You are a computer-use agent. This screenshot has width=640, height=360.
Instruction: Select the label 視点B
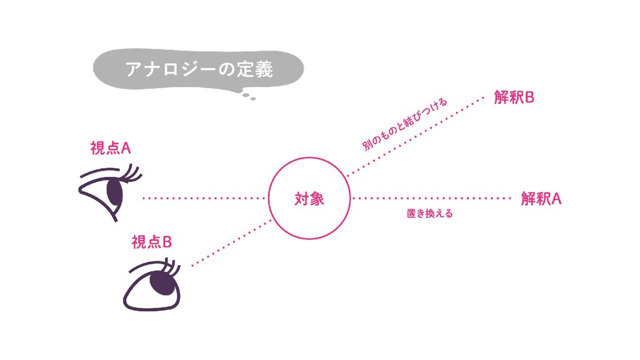(x=151, y=242)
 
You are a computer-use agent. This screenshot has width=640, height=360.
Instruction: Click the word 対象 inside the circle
(x=309, y=199)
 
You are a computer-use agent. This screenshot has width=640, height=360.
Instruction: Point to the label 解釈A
(x=541, y=199)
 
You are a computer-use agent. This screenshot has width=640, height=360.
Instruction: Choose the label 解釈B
(x=514, y=98)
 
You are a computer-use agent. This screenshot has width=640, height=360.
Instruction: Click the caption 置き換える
(x=429, y=214)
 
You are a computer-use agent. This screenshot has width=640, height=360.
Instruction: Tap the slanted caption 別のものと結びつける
(x=405, y=125)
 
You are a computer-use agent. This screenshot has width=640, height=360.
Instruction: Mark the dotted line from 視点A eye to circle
(x=204, y=198)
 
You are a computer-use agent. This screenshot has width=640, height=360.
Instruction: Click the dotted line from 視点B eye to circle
(x=231, y=242)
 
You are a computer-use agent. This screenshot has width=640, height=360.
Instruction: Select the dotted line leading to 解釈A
(x=431, y=198)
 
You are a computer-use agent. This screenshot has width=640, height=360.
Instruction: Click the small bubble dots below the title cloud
(x=249, y=96)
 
